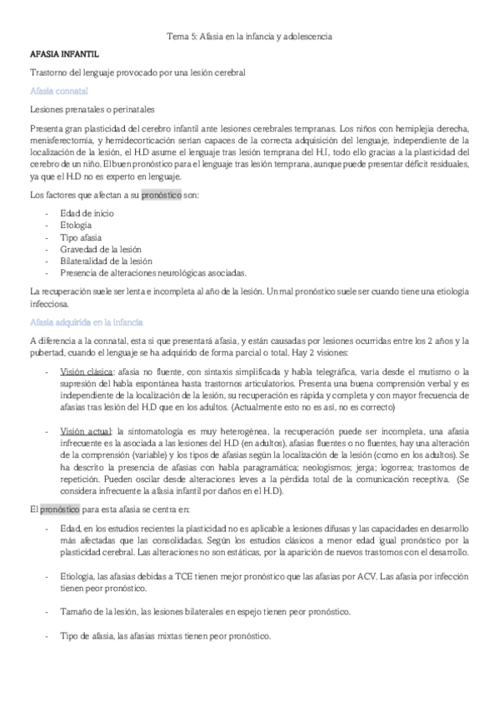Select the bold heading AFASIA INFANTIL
tap(63, 54)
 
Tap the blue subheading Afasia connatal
tap(58, 90)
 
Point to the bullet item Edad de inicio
tap(87, 214)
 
